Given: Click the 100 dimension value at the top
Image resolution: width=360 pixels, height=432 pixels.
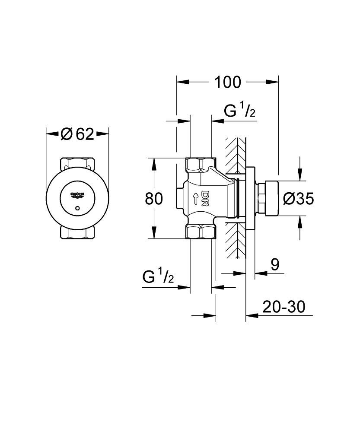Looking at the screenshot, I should click(x=228, y=82).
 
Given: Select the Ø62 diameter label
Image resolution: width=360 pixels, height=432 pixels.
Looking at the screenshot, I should click(x=77, y=134).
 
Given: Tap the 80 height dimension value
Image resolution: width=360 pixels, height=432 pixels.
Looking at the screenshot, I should click(x=154, y=199).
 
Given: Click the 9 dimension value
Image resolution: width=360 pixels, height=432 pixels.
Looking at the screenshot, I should click(x=275, y=265).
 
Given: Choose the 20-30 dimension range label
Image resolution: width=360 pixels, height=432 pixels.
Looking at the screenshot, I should click(x=284, y=307).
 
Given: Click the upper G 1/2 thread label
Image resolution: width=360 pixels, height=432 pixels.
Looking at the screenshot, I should click(x=240, y=111).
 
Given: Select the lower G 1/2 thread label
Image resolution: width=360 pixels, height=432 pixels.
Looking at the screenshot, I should click(x=158, y=277).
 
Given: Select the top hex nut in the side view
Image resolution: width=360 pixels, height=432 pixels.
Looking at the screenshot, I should click(x=200, y=165).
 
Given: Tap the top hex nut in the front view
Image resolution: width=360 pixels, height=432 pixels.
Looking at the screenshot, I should click(x=77, y=164).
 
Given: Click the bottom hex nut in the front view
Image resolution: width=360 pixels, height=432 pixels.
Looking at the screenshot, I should click(x=77, y=233).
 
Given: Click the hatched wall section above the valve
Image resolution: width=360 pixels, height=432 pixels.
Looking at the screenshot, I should click(x=235, y=156).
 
